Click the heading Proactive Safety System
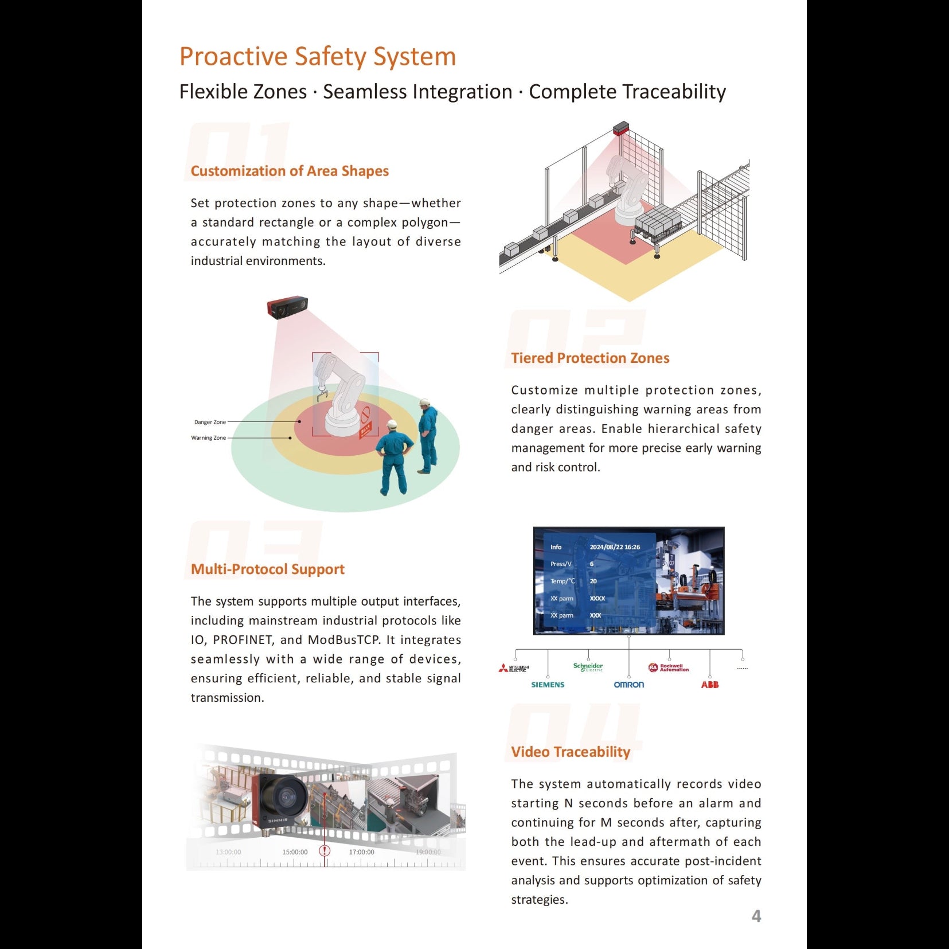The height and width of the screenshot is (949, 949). pos(317,57)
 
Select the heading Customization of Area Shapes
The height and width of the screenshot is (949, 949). pos(290,171)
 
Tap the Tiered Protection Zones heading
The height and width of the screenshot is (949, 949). pos(590,358)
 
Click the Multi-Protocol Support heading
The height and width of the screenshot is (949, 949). pos(267,569)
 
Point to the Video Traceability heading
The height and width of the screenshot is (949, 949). pos(571,752)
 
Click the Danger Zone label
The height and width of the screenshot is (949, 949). pos(210,422)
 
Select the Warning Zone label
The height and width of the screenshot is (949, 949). pos(208,438)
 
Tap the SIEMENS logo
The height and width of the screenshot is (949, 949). pos(548,685)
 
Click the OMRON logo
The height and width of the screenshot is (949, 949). pos(628,685)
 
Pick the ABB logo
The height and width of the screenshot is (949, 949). pos(709,685)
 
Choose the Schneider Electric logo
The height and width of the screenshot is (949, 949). pos(588,667)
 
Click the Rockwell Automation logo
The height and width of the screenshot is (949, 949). pos(669,667)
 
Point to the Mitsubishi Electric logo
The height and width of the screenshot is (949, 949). pos(514,668)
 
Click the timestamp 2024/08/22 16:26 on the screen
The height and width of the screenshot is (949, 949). pos(615,547)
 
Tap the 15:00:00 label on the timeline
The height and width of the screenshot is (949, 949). pos(295,852)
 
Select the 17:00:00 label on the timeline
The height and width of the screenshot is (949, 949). pos(361,852)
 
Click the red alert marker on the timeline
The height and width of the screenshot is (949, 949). pos(325,850)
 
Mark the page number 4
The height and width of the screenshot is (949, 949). pos(756,916)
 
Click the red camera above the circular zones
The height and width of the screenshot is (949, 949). pos(287,307)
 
